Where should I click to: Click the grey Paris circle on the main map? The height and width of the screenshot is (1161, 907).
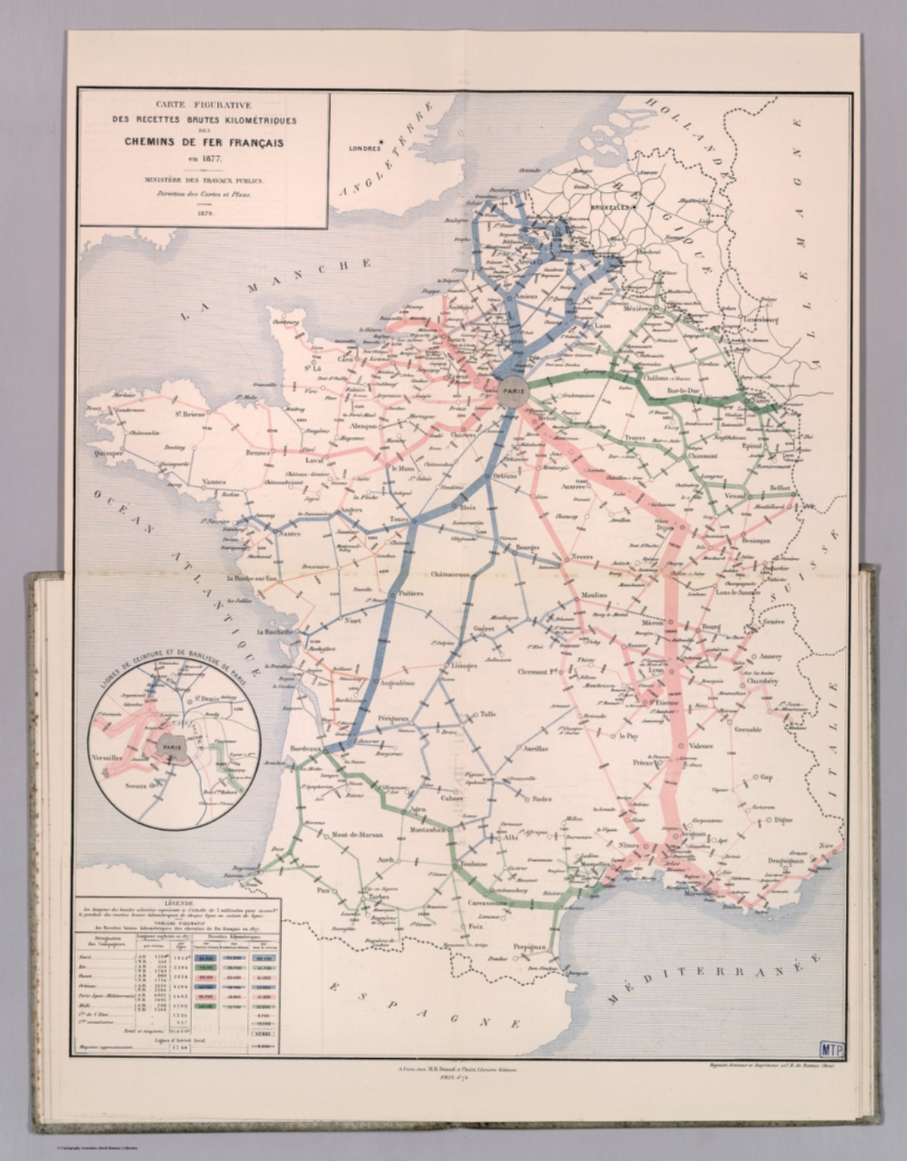click(x=509, y=389)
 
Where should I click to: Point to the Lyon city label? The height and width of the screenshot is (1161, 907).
click(x=655, y=670)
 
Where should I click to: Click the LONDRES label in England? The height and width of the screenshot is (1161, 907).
click(x=363, y=149)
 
